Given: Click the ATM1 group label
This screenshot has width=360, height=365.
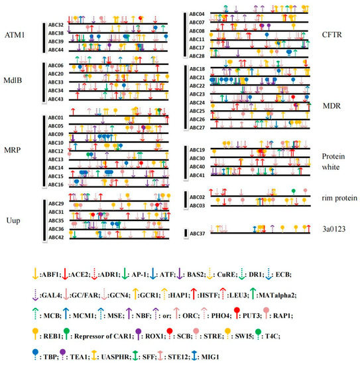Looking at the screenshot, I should [15, 34].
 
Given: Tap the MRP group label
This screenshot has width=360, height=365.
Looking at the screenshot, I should [13, 151].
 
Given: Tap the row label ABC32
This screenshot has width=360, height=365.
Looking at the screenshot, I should [56, 25].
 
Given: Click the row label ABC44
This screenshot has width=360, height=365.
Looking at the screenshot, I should [56, 50].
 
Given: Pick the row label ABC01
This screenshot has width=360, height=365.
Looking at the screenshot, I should [56, 118].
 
